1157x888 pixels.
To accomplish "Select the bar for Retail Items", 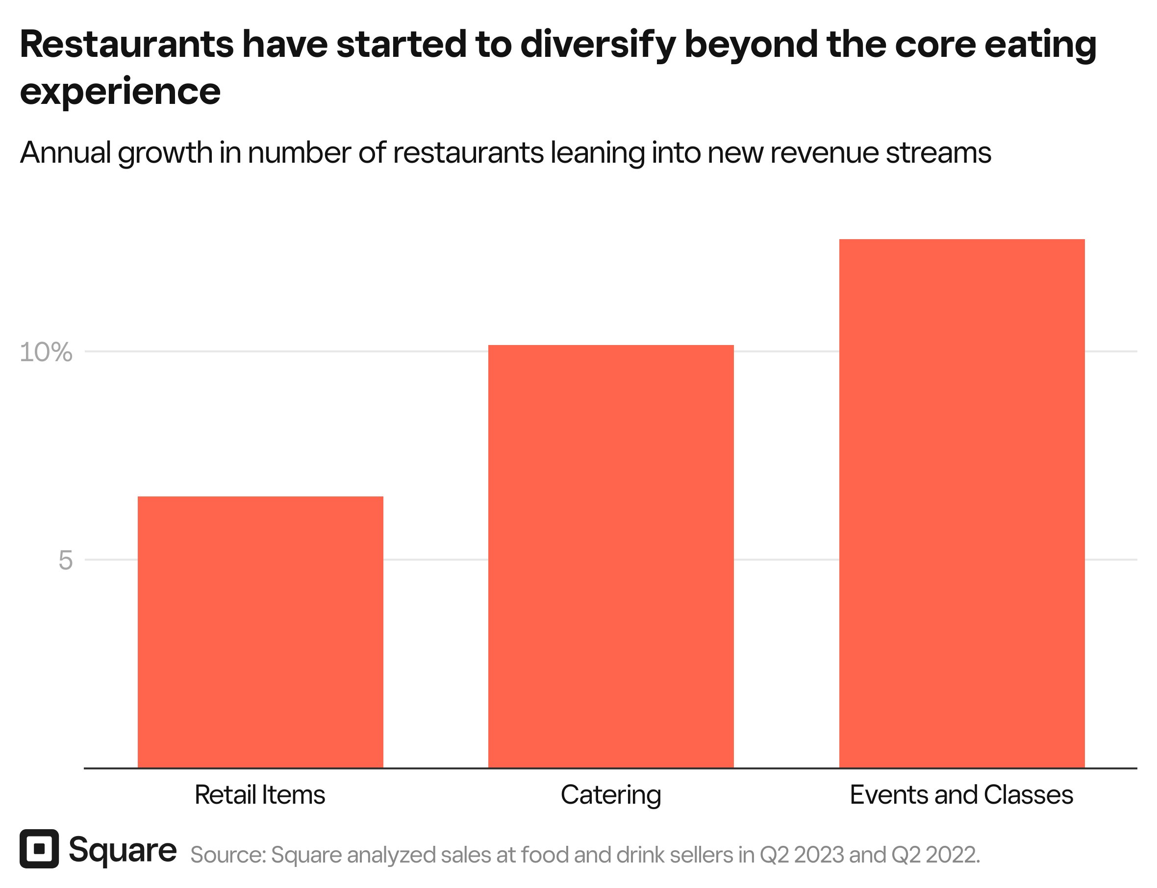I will [x=260, y=632].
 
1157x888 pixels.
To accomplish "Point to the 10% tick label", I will [x=46, y=352].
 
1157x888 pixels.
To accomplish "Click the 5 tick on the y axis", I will [x=65, y=560].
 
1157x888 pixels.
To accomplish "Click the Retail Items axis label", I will [x=260, y=795].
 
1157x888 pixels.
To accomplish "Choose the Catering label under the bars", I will [x=611, y=795].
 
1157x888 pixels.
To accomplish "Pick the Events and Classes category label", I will [x=961, y=795].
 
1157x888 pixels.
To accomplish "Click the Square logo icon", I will [x=39, y=849].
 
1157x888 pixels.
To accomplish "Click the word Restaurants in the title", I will [x=126, y=45].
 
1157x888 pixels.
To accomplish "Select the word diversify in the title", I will [x=598, y=46].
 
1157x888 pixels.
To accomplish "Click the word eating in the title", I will [x=1040, y=46].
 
